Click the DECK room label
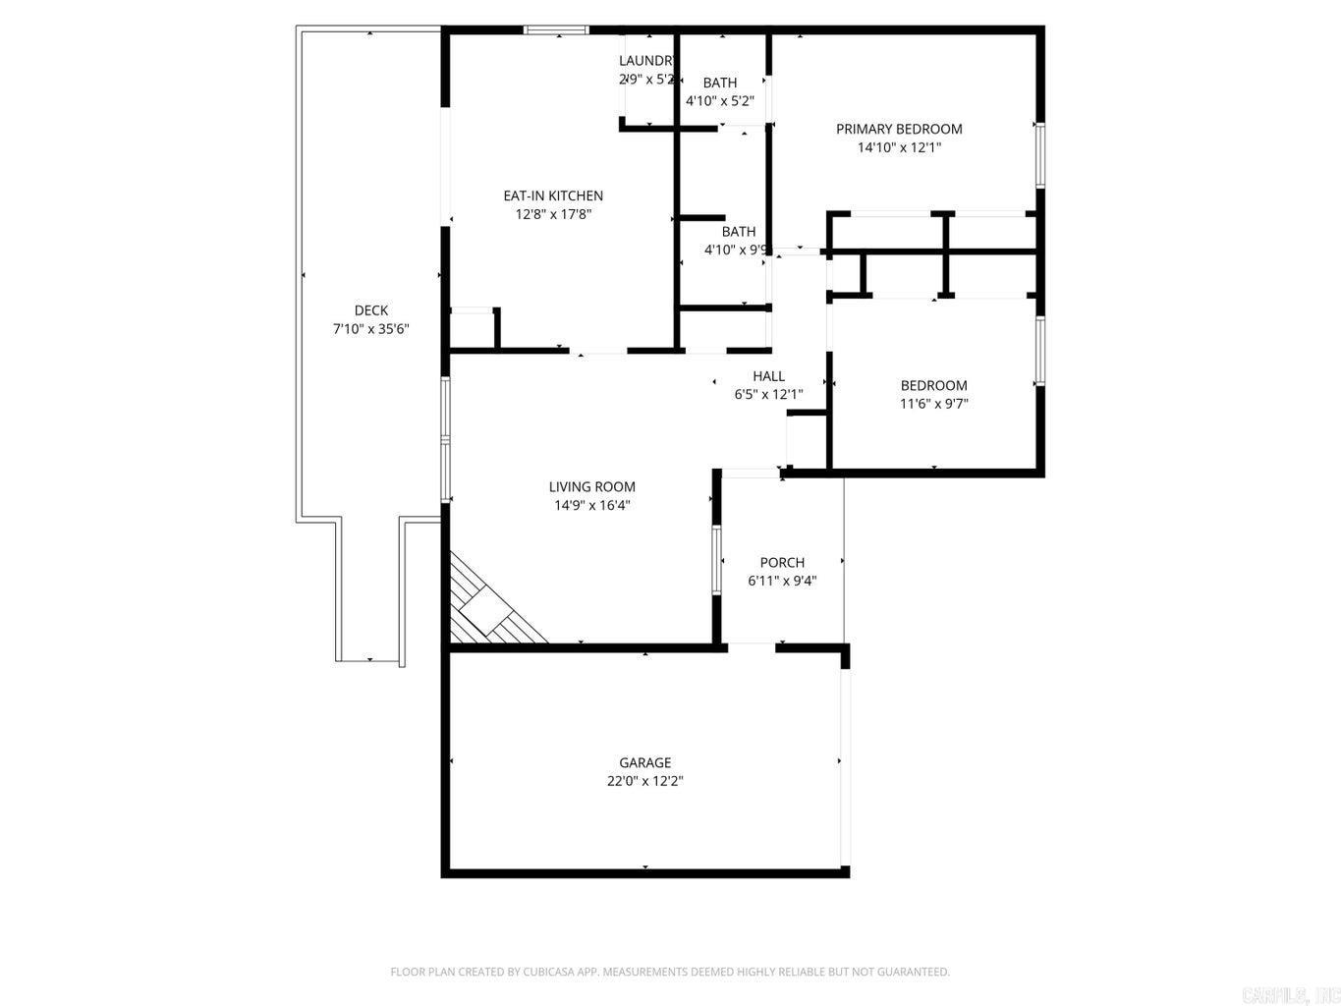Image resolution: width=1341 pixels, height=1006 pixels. (370, 310)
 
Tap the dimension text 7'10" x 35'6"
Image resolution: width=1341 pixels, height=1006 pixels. (370, 329)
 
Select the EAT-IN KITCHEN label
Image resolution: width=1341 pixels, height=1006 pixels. (553, 196)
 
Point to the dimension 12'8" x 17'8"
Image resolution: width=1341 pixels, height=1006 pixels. (553, 214)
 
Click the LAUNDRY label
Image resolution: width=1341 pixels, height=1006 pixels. (646, 61)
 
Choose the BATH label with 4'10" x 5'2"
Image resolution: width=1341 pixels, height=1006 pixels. (719, 83)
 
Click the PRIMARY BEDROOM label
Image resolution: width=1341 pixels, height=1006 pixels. (899, 129)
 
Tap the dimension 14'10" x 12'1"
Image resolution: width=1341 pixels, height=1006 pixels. (899, 147)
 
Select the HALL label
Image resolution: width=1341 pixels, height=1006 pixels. (768, 376)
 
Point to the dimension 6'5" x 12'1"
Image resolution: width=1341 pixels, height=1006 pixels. (768, 395)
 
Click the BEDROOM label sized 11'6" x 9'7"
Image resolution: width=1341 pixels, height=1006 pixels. (933, 385)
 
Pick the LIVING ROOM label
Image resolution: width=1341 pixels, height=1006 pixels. (591, 486)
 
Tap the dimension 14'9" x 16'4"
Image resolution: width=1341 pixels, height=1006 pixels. (591, 505)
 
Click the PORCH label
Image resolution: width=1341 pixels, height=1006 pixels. (782, 562)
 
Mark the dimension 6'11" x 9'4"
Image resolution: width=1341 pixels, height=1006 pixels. (782, 581)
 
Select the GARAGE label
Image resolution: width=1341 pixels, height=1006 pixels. (644, 762)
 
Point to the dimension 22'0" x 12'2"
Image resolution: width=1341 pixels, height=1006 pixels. (644, 781)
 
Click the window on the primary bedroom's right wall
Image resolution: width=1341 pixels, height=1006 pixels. (1039, 154)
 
